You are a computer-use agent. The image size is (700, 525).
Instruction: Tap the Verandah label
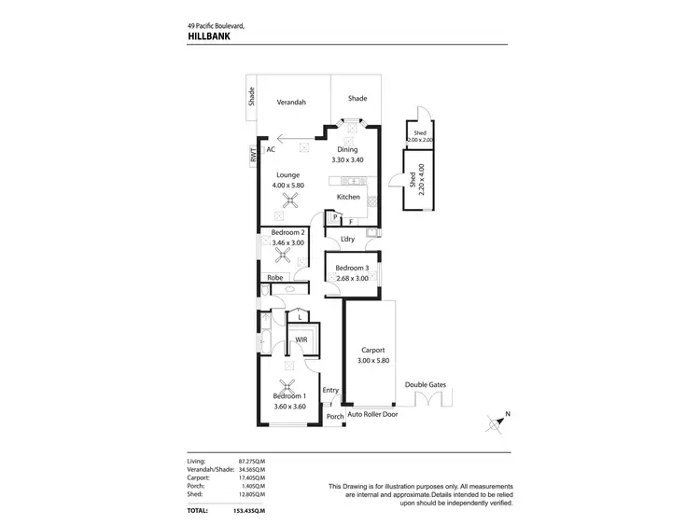click(290, 103)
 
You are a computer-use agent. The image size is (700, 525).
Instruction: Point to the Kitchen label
click(348, 197)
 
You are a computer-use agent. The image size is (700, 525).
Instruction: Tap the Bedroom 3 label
click(353, 269)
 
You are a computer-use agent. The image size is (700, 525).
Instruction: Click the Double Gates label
click(426, 385)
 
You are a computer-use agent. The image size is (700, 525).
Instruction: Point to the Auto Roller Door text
click(372, 414)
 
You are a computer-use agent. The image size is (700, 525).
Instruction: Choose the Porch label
click(334, 417)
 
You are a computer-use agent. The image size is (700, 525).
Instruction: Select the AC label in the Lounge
click(271, 149)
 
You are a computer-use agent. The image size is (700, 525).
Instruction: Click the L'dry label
click(348, 240)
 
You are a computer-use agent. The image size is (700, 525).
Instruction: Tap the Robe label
click(275, 278)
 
